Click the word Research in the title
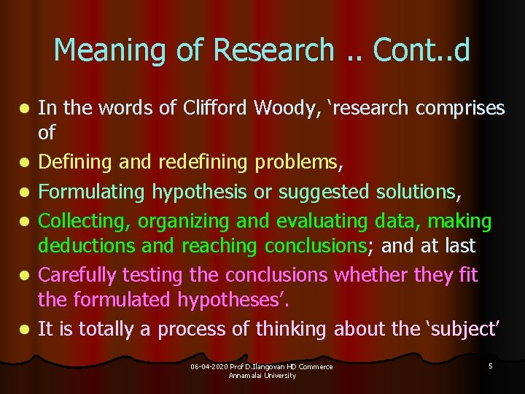(x=273, y=50)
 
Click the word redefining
(x=197, y=163)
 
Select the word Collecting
(x=84, y=220)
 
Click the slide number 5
(x=491, y=366)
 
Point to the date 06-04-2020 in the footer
(x=209, y=366)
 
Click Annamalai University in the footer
(x=262, y=375)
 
